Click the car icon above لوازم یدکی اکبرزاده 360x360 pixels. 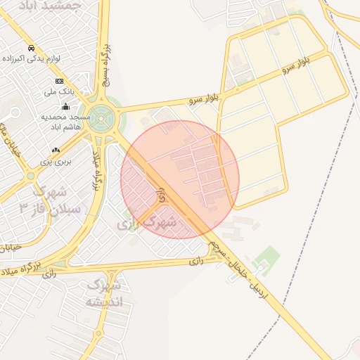[32, 48]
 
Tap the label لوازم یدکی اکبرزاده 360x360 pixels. [53, 59]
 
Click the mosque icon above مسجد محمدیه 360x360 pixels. [65, 107]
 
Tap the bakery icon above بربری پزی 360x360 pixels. [56, 150]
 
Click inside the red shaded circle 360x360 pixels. [180, 180]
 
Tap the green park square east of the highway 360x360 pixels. [266, 256]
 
